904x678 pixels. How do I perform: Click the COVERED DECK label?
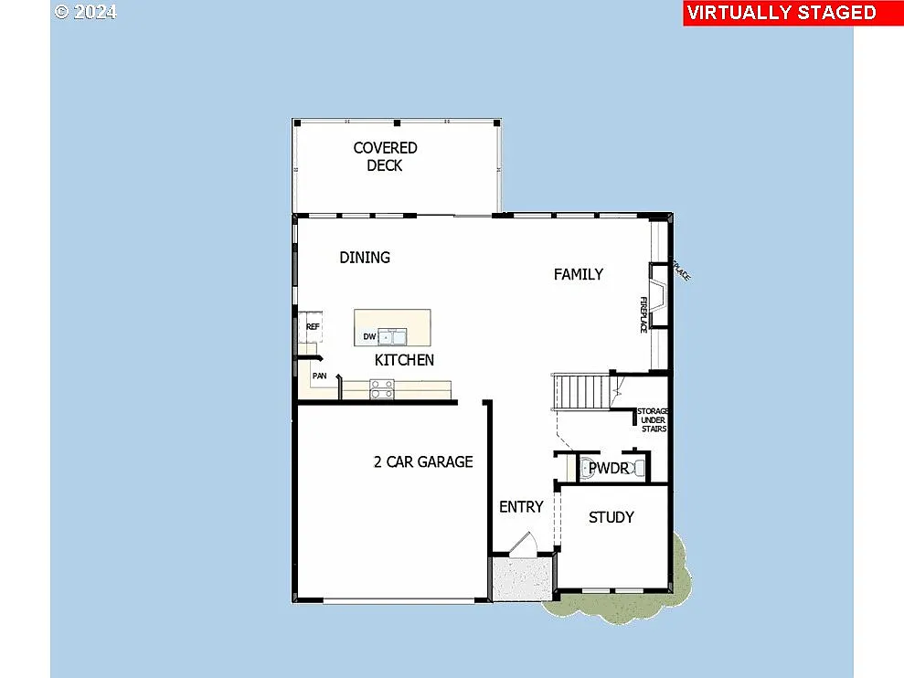click(385, 156)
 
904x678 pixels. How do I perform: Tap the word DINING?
click(365, 258)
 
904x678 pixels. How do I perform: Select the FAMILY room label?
click(578, 274)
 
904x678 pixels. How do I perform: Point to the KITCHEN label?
click(404, 360)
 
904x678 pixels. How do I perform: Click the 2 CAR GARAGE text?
click(423, 461)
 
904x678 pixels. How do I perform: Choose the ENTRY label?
click(521, 507)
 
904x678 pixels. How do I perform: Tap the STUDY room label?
click(611, 517)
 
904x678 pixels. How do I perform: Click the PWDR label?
click(608, 469)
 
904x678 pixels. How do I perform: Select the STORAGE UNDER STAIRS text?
click(653, 420)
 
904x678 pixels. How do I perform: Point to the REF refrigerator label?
click(313, 326)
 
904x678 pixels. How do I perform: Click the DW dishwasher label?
click(369, 337)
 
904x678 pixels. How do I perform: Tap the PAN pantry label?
click(319, 376)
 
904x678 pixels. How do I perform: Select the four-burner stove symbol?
click(382, 391)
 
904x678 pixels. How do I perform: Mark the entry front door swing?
click(523, 544)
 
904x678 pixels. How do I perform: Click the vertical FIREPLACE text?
click(643, 313)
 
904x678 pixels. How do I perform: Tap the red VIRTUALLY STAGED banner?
click(781, 13)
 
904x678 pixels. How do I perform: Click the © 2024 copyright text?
click(86, 12)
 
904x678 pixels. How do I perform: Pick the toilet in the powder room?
click(586, 469)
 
